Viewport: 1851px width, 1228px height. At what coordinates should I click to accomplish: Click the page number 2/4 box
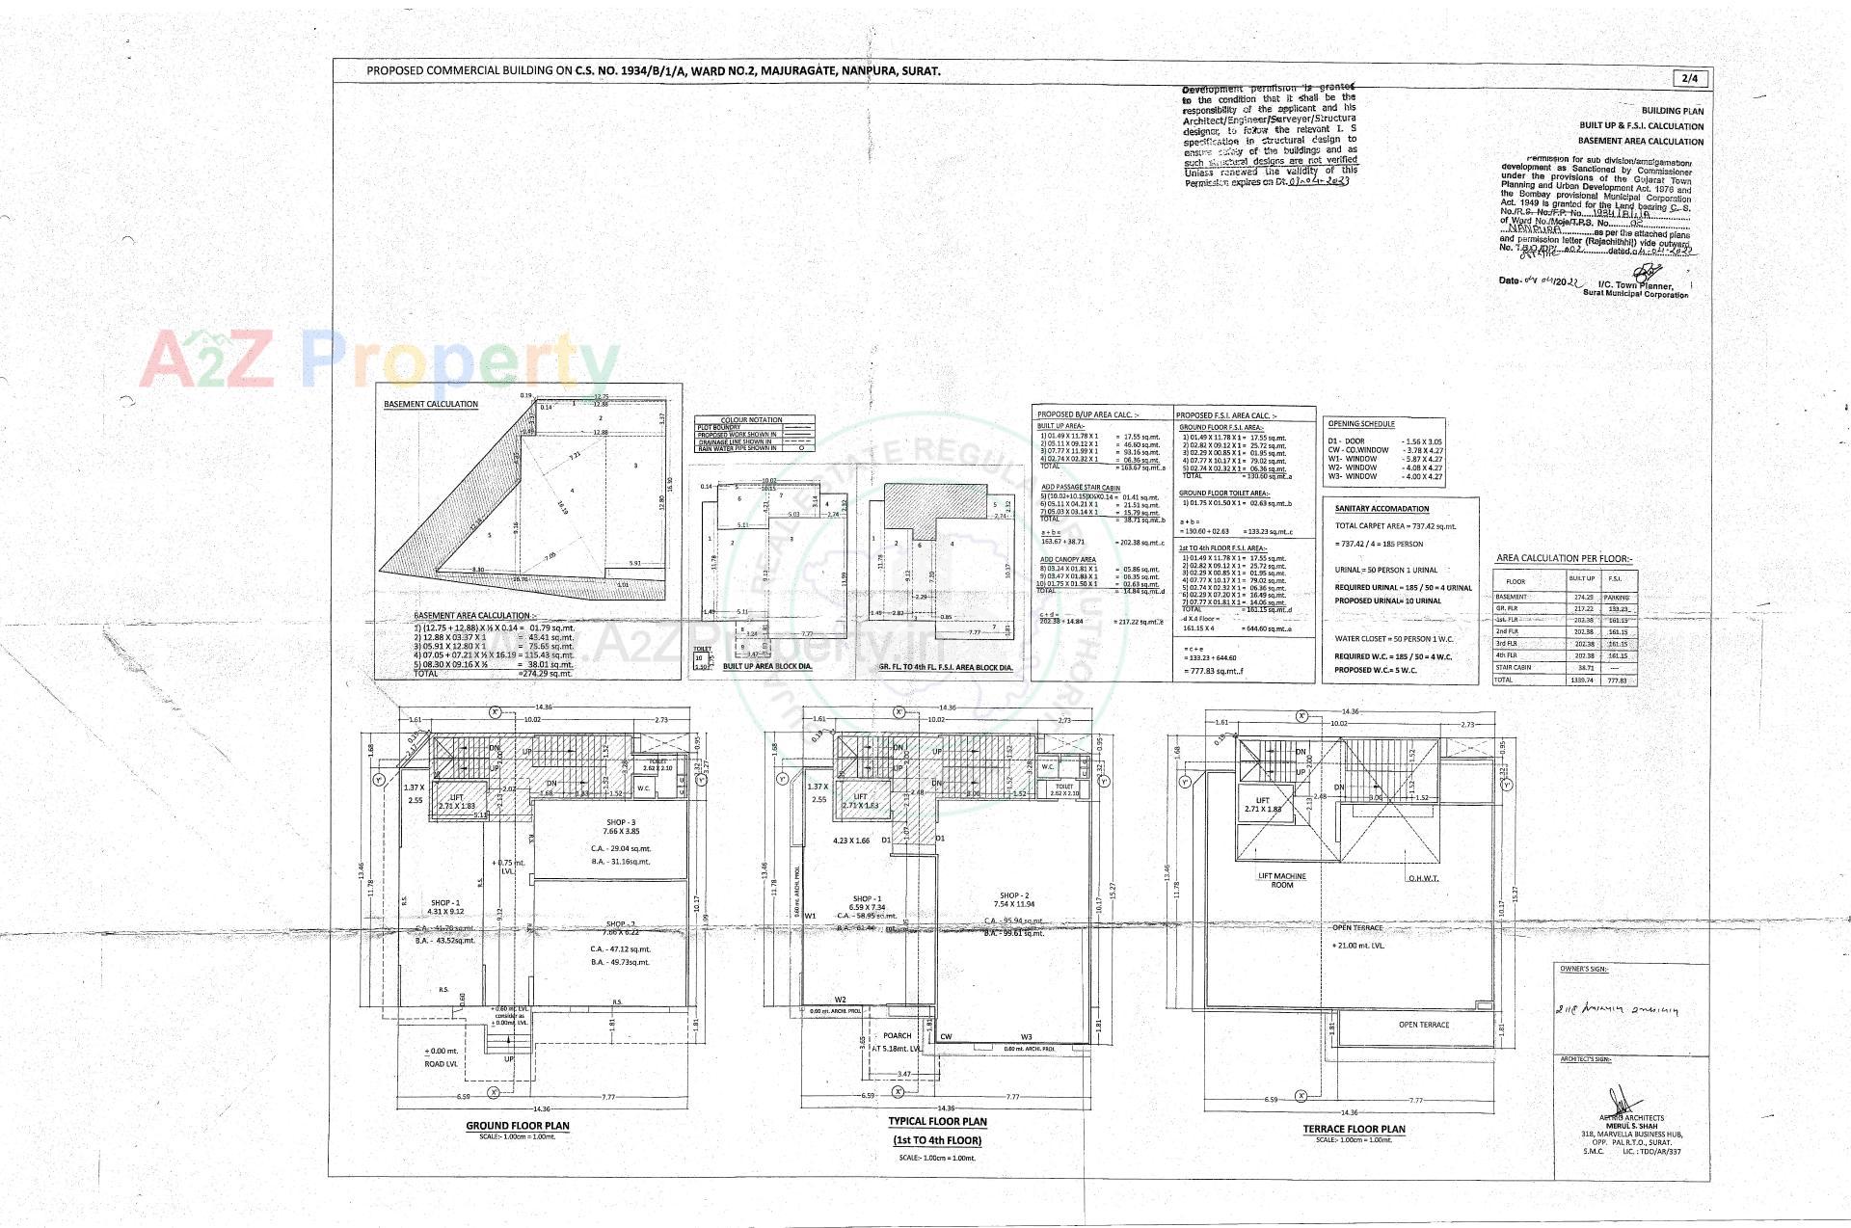[x=1689, y=78]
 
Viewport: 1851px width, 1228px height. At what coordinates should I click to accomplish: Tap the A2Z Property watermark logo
[x=378, y=359]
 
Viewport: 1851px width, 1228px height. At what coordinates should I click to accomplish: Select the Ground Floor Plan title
[x=518, y=1125]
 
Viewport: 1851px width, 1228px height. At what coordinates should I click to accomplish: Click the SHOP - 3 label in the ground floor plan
[x=621, y=821]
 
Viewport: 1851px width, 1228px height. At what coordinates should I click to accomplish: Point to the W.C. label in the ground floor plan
[x=643, y=788]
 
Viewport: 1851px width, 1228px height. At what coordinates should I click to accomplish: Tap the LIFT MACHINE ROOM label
[x=1281, y=880]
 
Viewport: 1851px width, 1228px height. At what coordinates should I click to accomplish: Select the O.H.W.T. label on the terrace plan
[x=1423, y=878]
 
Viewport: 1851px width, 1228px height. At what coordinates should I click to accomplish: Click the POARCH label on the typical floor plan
[x=897, y=1035]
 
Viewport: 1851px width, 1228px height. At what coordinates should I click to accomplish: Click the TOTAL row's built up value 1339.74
[x=1581, y=680]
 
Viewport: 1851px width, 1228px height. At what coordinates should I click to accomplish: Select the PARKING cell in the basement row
[x=1616, y=597]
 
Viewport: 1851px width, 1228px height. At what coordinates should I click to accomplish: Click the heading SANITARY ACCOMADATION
[x=1382, y=509]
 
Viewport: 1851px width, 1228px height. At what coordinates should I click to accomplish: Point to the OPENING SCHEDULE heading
[x=1361, y=423]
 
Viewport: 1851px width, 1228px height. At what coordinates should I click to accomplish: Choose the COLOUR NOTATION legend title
[x=752, y=420]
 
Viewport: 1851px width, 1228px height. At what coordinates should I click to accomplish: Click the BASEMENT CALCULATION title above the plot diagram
[x=430, y=404]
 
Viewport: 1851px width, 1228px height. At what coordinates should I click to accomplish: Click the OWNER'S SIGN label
[x=1583, y=969]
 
